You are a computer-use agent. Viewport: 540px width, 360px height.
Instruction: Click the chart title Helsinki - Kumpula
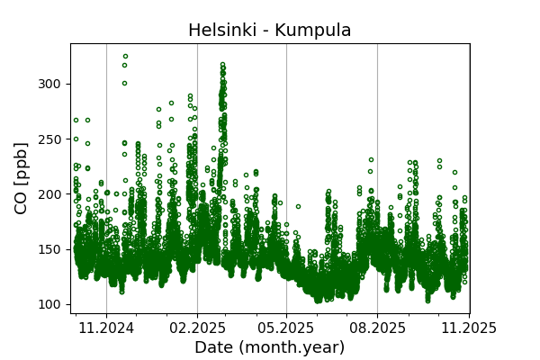coord(269,31)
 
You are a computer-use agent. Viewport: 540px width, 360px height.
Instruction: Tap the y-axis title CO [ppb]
coord(22,176)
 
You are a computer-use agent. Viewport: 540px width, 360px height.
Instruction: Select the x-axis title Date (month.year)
coord(269,347)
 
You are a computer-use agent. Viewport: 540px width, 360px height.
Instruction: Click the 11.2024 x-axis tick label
coord(106,328)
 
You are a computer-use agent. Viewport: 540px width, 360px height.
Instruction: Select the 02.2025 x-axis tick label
coord(197,328)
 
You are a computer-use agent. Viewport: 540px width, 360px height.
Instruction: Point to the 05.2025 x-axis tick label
coord(286,328)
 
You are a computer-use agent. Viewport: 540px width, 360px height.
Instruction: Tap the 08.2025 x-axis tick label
coord(377,328)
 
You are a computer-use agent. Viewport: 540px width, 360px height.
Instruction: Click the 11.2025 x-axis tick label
coord(468,328)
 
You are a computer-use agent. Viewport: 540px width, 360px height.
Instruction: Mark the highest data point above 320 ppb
coord(125,56)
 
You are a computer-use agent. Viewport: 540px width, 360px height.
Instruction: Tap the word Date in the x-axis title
coord(214,347)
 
